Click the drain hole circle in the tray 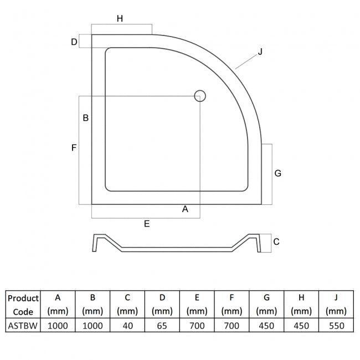coord(200,96)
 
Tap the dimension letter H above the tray coord(120,18)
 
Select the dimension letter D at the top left coord(74,42)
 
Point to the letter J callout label coord(260,52)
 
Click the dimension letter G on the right coord(278,173)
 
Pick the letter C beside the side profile coord(276,241)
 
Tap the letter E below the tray coord(147,224)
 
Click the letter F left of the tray coord(74,147)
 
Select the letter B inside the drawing coord(86,118)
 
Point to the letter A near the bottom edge coord(185,209)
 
